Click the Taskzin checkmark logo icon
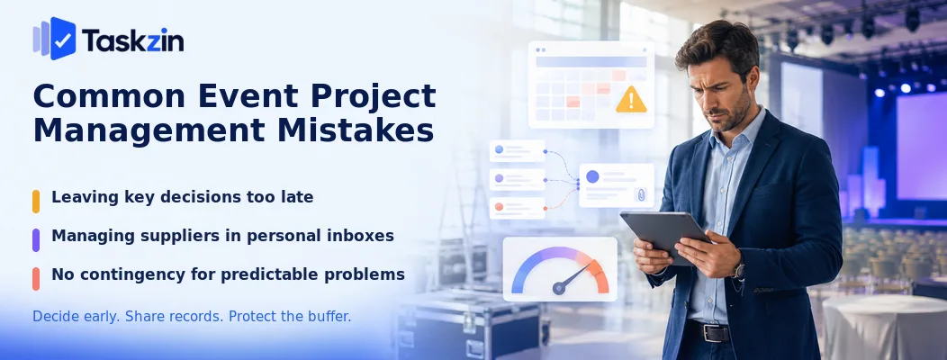coord(55,38)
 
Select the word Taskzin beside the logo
coord(133,40)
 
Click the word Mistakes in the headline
coord(349,130)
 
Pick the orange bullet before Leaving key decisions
coord(36,201)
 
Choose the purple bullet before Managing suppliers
coord(36,239)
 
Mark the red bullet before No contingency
coord(36,278)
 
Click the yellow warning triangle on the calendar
coord(631,100)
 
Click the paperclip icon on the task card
coord(640,194)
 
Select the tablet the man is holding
coord(664,236)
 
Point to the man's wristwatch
coord(738,270)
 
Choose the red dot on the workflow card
coord(499,207)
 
